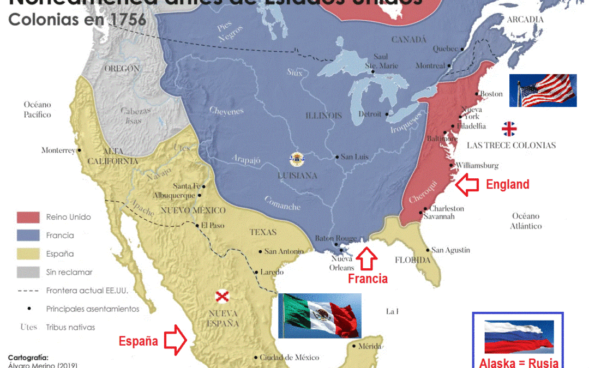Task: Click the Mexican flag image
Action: click(320, 316)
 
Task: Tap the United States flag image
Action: click(543, 91)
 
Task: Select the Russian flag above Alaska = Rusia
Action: click(519, 337)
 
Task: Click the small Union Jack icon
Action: click(509, 129)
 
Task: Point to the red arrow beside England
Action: click(467, 185)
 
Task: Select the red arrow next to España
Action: click(176, 339)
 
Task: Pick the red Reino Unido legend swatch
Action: click(28, 217)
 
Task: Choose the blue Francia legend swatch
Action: click(28, 236)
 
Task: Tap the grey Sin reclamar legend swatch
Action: click(28, 272)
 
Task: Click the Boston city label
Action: click(491, 94)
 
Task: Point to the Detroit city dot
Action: click(387, 114)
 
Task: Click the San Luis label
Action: click(354, 157)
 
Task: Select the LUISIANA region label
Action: click(297, 176)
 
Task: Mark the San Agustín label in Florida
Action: click(450, 250)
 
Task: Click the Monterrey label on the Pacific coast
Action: click(58, 150)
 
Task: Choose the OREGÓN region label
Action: click(122, 69)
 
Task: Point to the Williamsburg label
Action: click(477, 165)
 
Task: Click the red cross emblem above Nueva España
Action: click(221, 297)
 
